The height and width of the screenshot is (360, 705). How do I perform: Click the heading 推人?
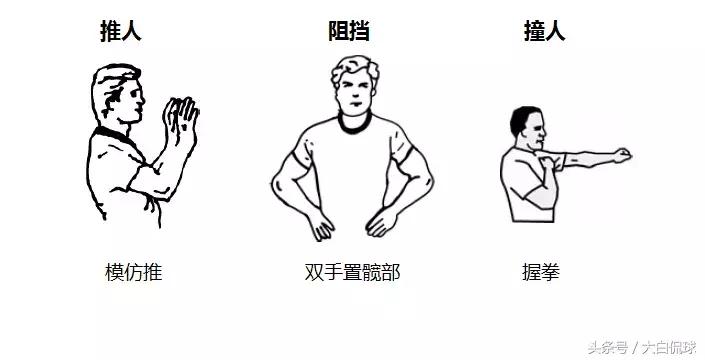pyautogui.click(x=120, y=31)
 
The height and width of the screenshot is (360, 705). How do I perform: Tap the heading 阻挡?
pyautogui.click(x=350, y=31)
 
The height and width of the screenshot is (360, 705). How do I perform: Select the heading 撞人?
pyautogui.click(x=544, y=31)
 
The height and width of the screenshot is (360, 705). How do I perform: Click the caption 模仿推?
pyautogui.click(x=133, y=272)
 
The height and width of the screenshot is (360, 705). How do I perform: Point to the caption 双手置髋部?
pyautogui.click(x=352, y=272)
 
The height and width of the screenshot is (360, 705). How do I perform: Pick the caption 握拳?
pyautogui.click(x=541, y=272)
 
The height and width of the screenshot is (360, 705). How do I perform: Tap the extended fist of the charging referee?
pyautogui.click(x=622, y=155)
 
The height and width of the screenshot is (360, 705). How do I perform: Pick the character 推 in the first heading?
pyautogui.click(x=110, y=31)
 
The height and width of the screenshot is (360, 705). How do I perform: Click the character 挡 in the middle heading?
pyautogui.click(x=360, y=31)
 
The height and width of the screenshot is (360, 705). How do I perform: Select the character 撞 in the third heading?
pyautogui.click(x=534, y=31)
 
